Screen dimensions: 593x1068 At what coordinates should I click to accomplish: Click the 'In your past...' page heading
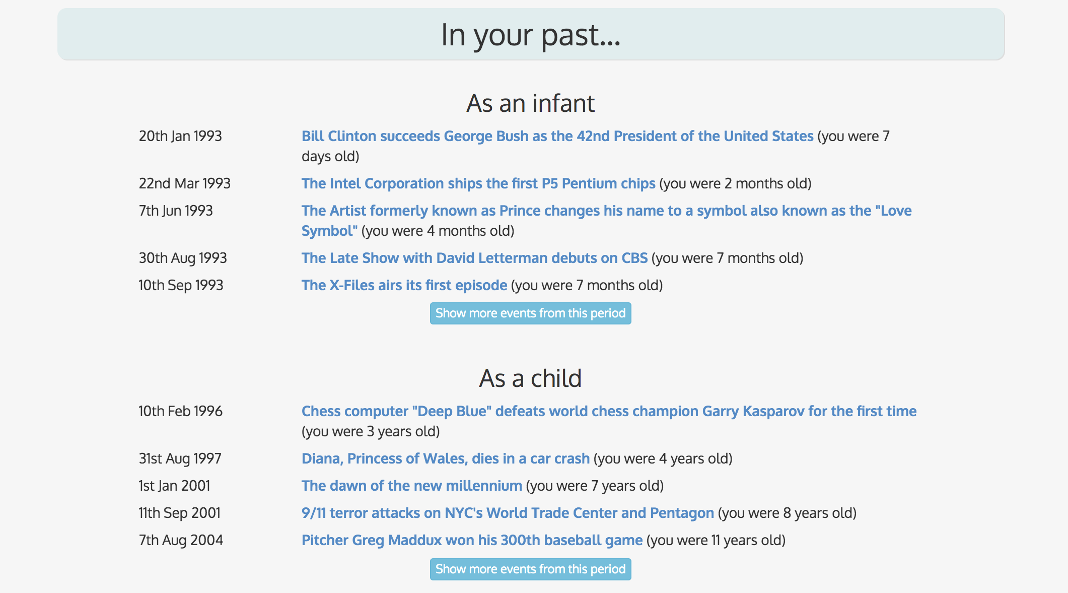(x=531, y=35)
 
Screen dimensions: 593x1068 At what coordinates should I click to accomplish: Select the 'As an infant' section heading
(x=530, y=103)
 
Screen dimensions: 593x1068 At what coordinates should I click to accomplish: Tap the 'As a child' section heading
(x=530, y=378)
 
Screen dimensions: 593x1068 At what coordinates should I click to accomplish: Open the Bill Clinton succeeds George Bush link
(x=557, y=136)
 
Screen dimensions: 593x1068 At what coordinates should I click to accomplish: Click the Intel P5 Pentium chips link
(x=478, y=183)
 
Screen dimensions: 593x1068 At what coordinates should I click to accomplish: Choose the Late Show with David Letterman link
(x=474, y=258)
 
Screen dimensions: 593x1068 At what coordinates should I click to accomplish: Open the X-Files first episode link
(x=404, y=285)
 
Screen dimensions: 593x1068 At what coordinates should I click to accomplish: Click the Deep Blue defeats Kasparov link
(x=608, y=411)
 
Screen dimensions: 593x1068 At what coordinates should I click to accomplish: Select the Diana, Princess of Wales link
(x=445, y=458)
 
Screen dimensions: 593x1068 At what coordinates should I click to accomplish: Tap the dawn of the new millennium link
(x=411, y=486)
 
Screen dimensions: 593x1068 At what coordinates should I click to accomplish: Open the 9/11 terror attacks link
(x=507, y=513)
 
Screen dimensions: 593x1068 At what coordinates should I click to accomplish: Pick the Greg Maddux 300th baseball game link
(x=472, y=540)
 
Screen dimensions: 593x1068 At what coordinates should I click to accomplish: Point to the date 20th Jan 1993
(x=180, y=136)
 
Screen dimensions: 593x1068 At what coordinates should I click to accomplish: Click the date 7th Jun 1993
(x=176, y=211)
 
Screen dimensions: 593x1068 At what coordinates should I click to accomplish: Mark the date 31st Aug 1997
(x=180, y=458)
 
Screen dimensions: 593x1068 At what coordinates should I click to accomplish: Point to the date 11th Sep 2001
(x=179, y=513)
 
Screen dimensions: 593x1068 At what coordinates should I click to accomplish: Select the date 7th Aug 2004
(x=181, y=540)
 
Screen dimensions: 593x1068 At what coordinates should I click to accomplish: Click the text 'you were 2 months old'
(x=735, y=183)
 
